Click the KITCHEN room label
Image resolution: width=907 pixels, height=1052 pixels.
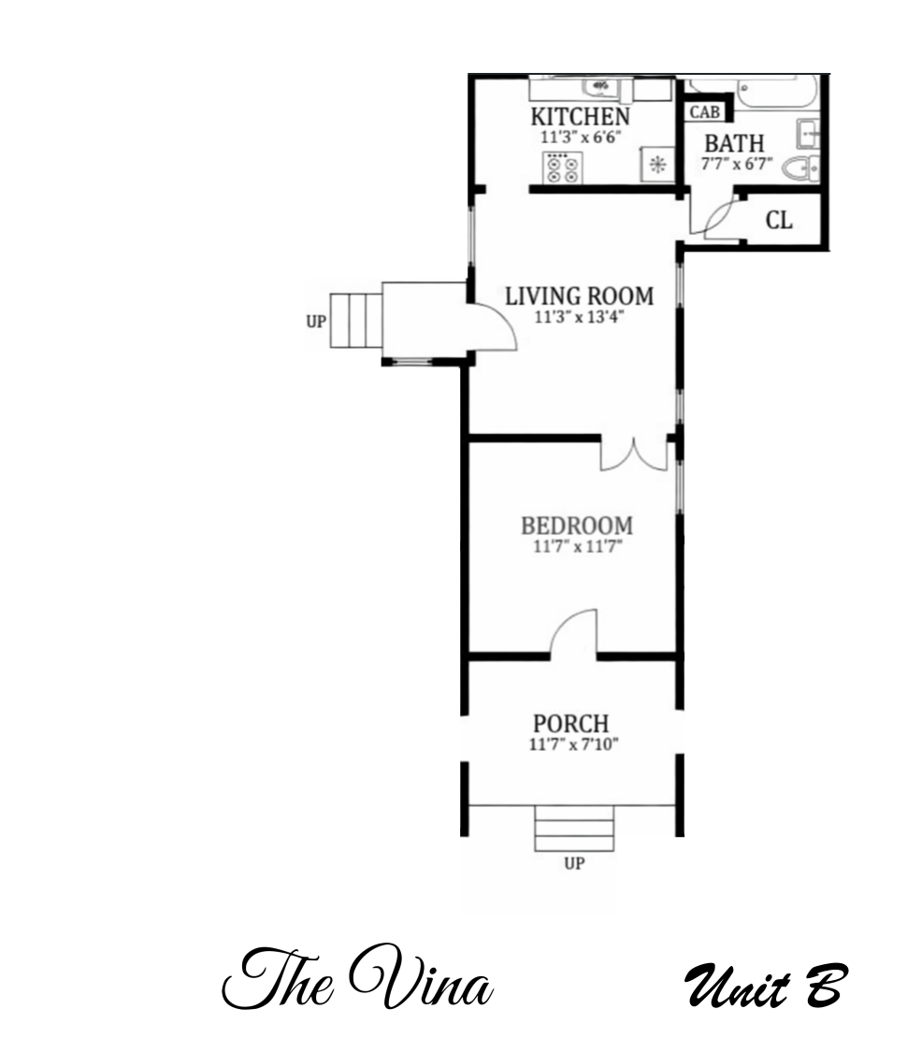click(x=580, y=117)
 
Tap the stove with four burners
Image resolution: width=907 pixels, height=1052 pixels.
click(x=561, y=168)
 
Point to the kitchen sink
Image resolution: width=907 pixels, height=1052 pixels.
click(x=597, y=87)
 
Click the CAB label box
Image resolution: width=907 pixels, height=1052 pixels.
click(x=703, y=112)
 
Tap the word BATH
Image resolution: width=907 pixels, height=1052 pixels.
click(x=734, y=145)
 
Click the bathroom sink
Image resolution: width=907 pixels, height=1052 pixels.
click(x=809, y=134)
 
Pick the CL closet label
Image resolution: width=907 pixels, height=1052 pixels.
click(x=779, y=221)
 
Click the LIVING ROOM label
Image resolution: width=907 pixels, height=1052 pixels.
click(x=579, y=296)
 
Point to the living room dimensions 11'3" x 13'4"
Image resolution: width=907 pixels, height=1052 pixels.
click(x=579, y=317)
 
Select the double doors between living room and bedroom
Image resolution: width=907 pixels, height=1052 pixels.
click(x=634, y=454)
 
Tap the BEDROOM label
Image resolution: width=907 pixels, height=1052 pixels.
click(x=576, y=525)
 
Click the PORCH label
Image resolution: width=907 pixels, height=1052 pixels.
click(x=570, y=724)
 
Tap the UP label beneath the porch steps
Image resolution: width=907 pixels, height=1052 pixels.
click(x=574, y=864)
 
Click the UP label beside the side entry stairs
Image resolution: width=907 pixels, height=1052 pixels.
click(x=316, y=322)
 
